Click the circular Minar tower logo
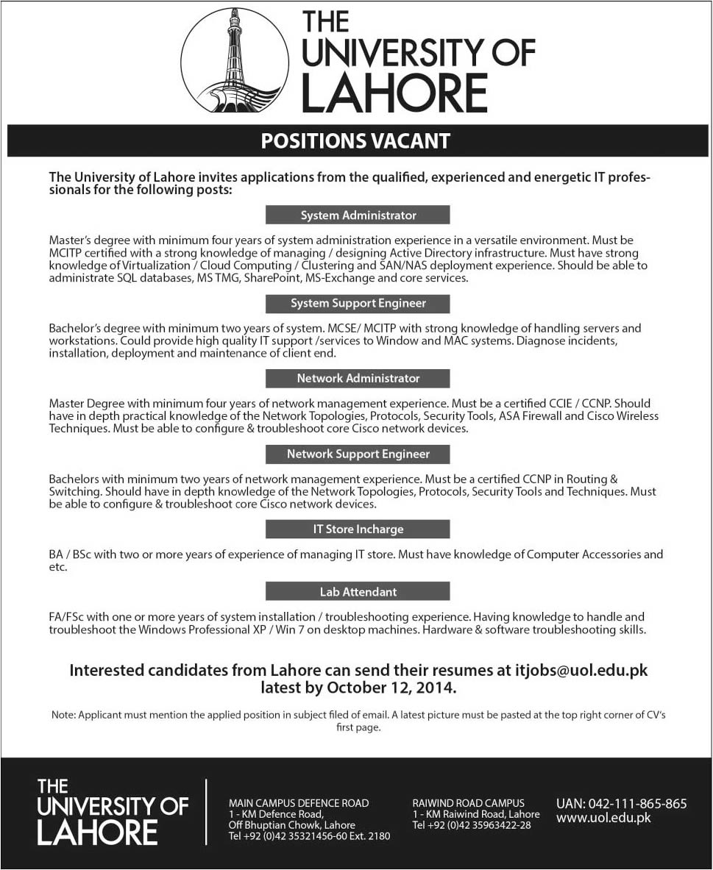[234, 60]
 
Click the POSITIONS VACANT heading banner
[356, 140]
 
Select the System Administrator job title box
[358, 215]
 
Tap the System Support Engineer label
[358, 303]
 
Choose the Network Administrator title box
[358, 378]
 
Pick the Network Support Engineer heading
[358, 454]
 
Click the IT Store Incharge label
[358, 529]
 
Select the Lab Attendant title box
[358, 591]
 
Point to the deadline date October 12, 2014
[391, 688]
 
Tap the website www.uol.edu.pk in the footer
[603, 818]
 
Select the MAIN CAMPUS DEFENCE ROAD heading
[299, 803]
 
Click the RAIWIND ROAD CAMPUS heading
[468, 803]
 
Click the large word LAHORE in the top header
[394, 93]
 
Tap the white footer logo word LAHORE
[97, 832]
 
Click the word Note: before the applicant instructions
[63, 715]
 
